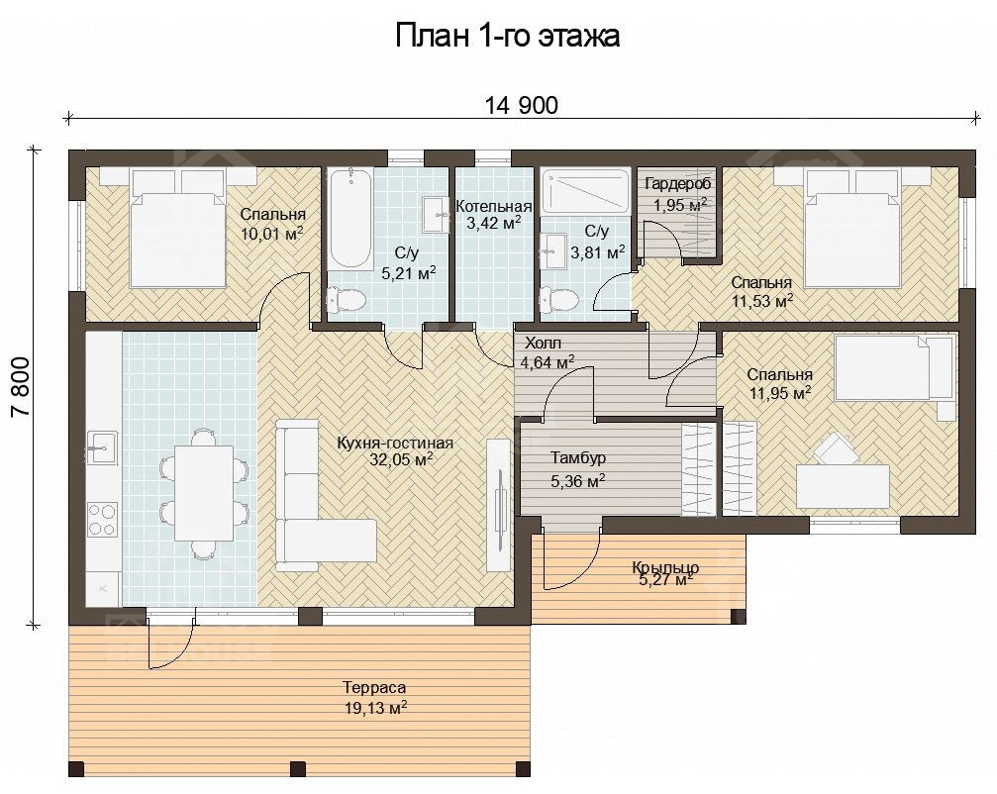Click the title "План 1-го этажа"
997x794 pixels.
[507, 36]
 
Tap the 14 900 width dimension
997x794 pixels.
[522, 106]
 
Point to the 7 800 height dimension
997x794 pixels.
[21, 386]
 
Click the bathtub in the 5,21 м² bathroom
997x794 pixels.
[349, 218]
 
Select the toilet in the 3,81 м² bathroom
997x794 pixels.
[556, 299]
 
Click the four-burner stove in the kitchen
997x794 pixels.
[102, 520]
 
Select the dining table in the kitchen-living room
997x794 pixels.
[205, 492]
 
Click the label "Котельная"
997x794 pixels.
[494, 207]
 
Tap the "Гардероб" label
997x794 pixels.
[678, 184]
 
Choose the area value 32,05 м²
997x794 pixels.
[402, 459]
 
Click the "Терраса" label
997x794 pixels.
[374, 687]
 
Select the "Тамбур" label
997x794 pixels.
[578, 457]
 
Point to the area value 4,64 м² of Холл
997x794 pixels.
[548, 362]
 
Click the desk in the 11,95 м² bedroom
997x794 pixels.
[843, 486]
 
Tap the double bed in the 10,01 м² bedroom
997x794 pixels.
[177, 226]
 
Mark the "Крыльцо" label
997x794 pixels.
[665, 567]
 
